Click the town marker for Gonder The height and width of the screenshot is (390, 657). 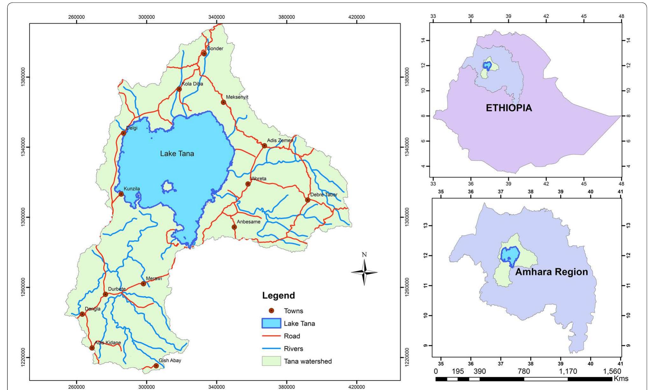pyautogui.click(x=204, y=54)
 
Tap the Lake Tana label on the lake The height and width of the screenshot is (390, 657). pyautogui.click(x=177, y=154)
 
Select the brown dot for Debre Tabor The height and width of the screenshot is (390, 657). pyautogui.click(x=308, y=200)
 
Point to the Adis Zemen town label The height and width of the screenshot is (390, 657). pyautogui.click(x=280, y=141)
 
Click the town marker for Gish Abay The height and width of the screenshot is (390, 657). pyautogui.click(x=156, y=366)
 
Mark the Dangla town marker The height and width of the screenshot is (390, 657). pyautogui.click(x=82, y=314)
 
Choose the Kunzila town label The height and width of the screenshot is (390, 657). pyautogui.click(x=132, y=189)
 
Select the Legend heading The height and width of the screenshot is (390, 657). pyautogui.click(x=278, y=295)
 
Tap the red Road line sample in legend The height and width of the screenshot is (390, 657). pyautogui.click(x=271, y=336)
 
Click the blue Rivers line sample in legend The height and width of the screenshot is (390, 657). pyautogui.click(x=271, y=349)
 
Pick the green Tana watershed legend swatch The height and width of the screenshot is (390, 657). pyautogui.click(x=271, y=361)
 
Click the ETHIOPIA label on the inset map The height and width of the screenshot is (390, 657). pyautogui.click(x=509, y=108)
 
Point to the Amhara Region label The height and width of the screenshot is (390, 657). pyautogui.click(x=551, y=272)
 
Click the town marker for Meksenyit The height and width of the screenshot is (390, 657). pyautogui.click(x=224, y=102)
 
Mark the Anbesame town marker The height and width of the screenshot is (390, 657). pyautogui.click(x=234, y=227)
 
